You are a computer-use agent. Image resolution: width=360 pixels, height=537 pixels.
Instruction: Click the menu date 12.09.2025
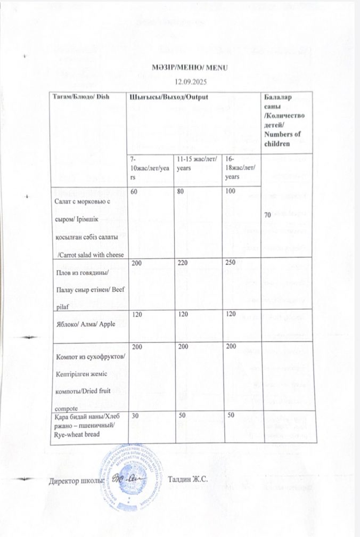[191, 82]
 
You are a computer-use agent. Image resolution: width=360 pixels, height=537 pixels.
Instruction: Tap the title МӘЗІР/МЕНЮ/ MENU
[190, 69]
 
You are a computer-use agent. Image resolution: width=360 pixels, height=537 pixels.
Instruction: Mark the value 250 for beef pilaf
[230, 264]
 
